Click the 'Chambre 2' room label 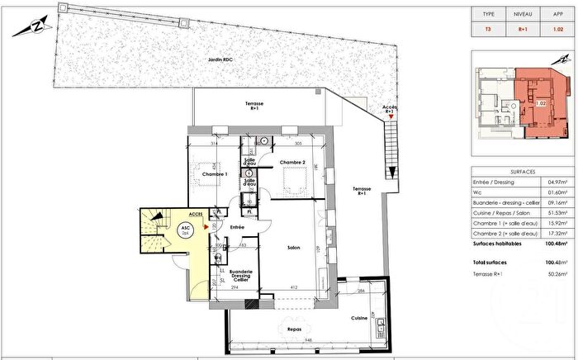pyautogui.click(x=291, y=162)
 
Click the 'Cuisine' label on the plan pyautogui.click(x=358, y=317)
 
